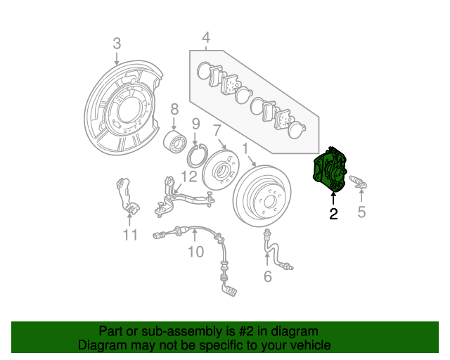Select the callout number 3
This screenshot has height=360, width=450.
pyautogui.click(x=117, y=44)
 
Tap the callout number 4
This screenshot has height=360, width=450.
pyautogui.click(x=206, y=37)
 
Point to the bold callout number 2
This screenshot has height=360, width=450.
pyautogui.click(x=333, y=214)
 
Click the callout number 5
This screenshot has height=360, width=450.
pyautogui.click(x=361, y=212)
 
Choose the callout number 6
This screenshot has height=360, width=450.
pyautogui.click(x=267, y=276)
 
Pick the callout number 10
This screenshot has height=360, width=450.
pyautogui.click(x=195, y=251)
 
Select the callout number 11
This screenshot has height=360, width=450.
pyautogui.click(x=129, y=234)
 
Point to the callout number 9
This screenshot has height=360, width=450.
pyautogui.click(x=195, y=124)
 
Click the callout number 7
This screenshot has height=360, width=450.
pyautogui.click(x=217, y=130)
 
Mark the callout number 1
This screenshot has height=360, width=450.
pyautogui.click(x=245, y=148)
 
